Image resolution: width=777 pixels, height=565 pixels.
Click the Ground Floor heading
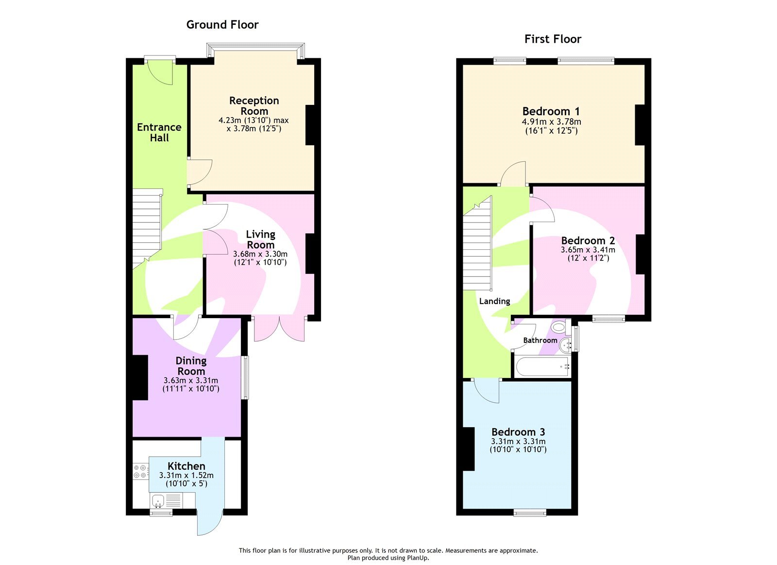coord(222,25)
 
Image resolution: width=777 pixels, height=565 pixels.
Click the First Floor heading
coord(553,39)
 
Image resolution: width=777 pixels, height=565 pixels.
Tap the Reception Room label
coord(254,106)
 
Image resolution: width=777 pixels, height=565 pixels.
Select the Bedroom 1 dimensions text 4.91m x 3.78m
coord(551,122)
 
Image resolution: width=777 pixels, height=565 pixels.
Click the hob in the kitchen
coord(140,471)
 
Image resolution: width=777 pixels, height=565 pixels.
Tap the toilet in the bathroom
coord(560,327)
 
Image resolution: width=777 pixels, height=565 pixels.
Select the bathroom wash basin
coord(566,346)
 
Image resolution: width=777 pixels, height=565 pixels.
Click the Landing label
coord(494,301)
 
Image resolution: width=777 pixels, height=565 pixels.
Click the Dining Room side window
coord(245,377)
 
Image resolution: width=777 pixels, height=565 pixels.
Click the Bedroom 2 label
coord(588,240)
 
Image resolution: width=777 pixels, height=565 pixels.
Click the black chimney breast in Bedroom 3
coord(468,449)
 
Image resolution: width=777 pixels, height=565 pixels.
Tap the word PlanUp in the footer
coord(417,558)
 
